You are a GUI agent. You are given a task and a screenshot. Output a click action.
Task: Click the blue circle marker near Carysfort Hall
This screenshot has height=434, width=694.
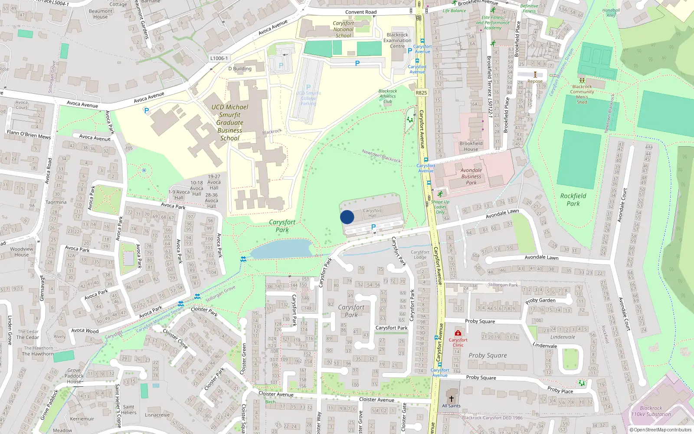coord(347,217)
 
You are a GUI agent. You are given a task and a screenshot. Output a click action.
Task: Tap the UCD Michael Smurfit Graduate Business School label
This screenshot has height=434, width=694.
coord(230,122)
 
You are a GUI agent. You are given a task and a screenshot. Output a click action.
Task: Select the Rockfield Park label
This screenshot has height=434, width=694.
coord(573,200)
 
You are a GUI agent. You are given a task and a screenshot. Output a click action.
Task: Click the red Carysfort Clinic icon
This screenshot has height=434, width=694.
coord(458,333)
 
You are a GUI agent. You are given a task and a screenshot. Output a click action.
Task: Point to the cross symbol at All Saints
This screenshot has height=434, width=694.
coord(451,398)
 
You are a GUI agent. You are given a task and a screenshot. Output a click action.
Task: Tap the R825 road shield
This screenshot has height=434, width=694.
coord(421,92)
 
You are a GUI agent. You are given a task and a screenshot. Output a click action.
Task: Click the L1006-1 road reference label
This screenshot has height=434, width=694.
coord(219,58)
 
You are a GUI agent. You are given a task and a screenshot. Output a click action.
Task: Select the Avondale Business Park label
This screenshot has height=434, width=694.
coord(471,177)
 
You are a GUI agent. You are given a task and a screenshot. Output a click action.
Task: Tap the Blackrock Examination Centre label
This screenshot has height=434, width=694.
coord(397,40)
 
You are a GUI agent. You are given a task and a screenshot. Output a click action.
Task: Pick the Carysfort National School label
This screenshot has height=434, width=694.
coord(344,30)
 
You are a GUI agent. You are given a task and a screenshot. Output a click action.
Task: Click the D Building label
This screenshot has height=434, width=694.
coord(240,69)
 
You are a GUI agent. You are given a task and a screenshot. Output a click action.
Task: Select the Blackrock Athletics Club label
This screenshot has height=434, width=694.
coord(387,96)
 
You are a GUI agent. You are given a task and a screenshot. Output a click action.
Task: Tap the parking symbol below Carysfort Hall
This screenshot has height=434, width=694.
coord(373,227)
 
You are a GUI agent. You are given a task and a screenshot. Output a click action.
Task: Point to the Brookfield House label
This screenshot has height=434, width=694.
coord(471,146)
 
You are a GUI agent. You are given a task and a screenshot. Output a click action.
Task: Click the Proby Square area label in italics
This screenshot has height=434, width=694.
coord(488,355)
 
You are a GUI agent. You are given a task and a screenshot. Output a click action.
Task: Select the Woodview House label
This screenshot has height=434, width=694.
coord(22,252)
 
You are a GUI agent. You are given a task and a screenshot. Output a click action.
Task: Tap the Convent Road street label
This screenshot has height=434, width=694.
coord(361,12)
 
